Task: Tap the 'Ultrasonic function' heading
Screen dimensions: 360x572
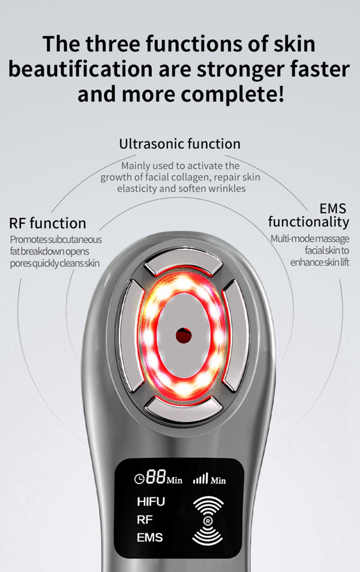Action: coord(180,144)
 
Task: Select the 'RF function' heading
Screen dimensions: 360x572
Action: coord(48,223)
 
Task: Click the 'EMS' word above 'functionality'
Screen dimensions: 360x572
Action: coord(333,208)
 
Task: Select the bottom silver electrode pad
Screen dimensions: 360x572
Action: coord(183,408)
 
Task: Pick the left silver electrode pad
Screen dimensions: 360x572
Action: coord(131,335)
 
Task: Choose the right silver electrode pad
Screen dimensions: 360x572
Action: coord(236,335)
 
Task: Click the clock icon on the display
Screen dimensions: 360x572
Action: coord(139,479)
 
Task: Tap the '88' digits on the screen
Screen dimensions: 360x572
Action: coord(156,477)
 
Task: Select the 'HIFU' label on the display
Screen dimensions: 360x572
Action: coord(151,502)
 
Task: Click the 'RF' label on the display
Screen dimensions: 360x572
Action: coord(145,520)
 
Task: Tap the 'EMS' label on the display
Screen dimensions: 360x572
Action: coord(150,538)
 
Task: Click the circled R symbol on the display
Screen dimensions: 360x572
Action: coord(208,521)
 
